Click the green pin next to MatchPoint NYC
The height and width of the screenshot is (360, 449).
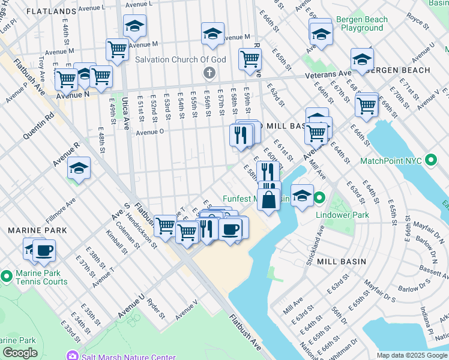pos(430,161)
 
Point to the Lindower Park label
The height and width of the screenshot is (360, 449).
pos(348,214)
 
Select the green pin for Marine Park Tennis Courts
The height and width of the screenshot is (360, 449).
pos(7,277)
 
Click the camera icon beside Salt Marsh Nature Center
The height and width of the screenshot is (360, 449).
pos(73,356)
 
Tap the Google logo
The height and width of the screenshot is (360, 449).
pos(20,353)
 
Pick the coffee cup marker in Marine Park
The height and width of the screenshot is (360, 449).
pos(44,250)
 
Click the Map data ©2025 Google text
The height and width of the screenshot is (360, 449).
pos(412,355)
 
